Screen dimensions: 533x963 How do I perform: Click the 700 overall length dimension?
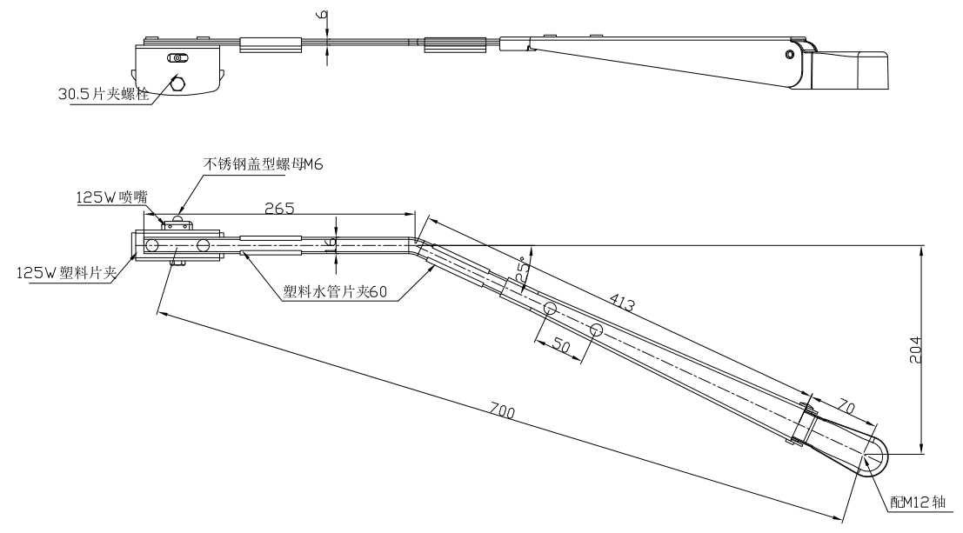[504, 411]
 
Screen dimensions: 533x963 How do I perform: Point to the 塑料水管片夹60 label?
[335, 292]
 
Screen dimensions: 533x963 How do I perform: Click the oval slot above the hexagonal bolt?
[178, 58]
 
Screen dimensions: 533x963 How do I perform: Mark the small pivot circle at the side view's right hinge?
[789, 54]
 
